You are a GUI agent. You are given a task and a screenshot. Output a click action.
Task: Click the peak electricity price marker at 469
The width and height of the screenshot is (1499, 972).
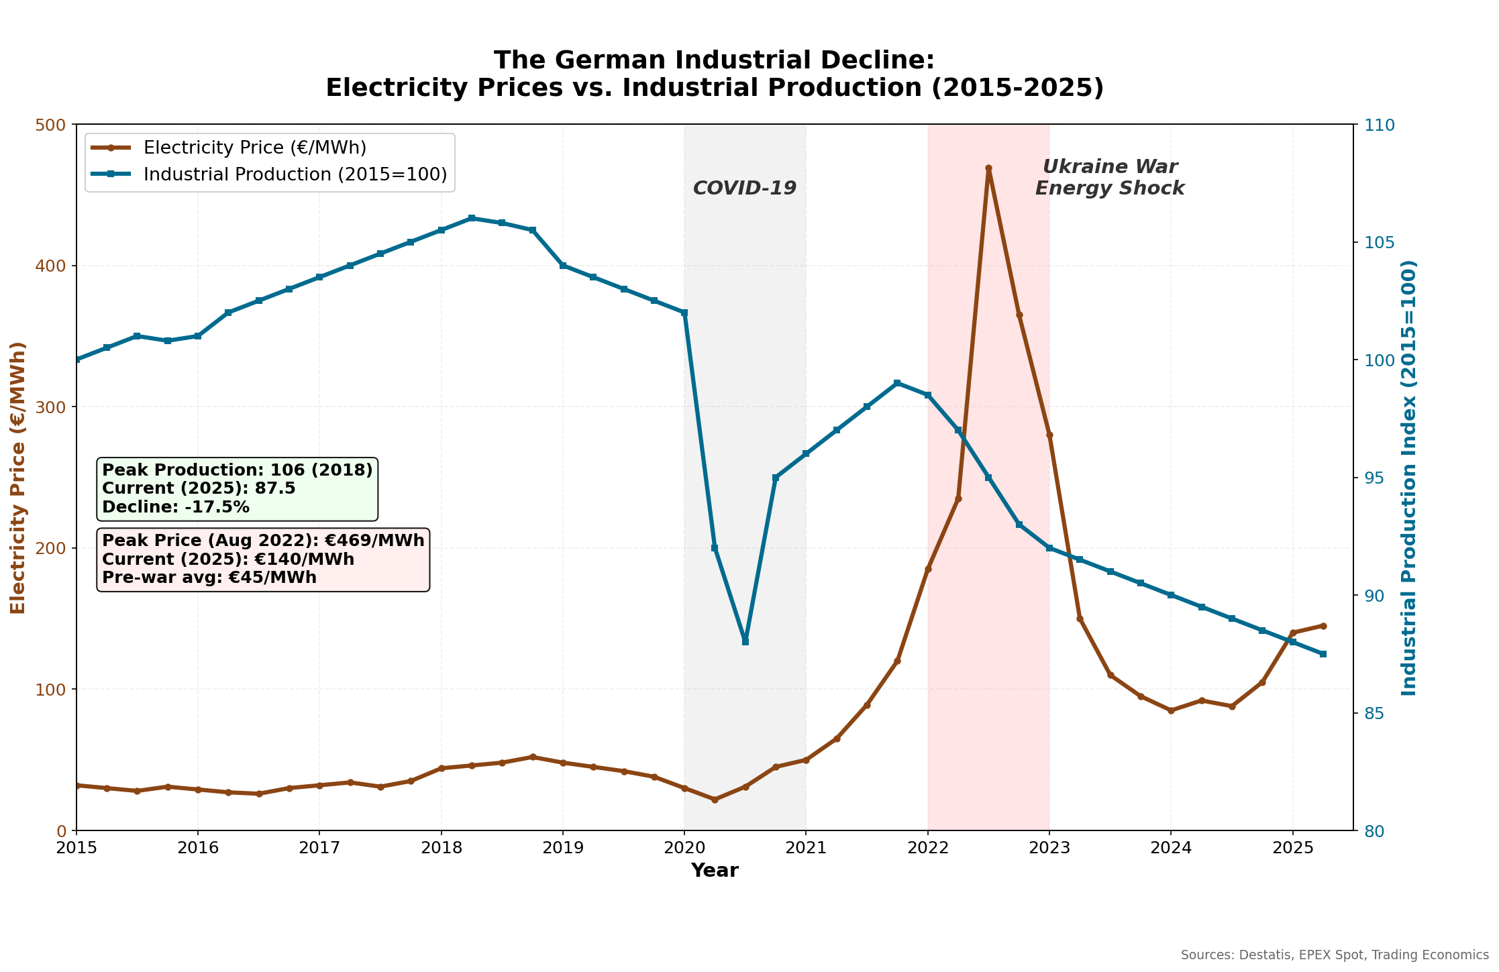click(x=988, y=168)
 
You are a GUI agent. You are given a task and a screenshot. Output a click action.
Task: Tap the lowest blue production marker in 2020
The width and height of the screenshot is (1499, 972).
click(x=745, y=641)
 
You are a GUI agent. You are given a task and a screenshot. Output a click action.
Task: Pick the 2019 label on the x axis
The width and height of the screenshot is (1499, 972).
click(x=562, y=848)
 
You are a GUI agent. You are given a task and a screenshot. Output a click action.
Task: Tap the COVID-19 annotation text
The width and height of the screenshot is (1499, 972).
click(x=744, y=188)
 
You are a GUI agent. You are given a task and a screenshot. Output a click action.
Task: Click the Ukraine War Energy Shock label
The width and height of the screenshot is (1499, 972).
click(x=1110, y=178)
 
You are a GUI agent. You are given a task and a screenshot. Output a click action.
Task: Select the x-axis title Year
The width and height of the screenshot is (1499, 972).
click(x=715, y=871)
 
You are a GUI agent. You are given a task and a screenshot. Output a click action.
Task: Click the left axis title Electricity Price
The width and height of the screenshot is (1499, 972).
click(x=19, y=477)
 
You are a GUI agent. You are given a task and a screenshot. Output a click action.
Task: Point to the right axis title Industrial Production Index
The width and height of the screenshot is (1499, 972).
click(x=1409, y=477)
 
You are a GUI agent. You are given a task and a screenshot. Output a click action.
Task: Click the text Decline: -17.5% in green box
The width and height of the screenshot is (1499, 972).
click(x=176, y=507)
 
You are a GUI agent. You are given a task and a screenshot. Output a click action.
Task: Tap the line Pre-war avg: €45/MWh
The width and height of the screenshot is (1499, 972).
click(x=209, y=578)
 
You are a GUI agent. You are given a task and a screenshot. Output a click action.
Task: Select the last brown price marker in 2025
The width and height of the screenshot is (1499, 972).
click(x=1323, y=626)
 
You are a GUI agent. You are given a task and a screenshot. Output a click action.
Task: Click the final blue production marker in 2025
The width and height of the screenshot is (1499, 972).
click(x=1323, y=654)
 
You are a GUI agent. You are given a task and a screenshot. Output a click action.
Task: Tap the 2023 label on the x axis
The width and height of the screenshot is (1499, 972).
click(x=1049, y=848)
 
